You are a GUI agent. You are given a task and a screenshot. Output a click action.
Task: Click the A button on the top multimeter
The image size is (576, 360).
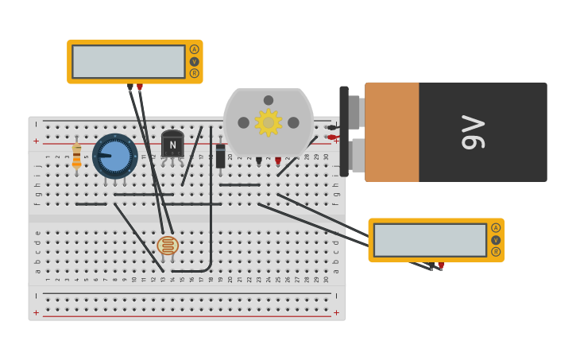click(x=194, y=49)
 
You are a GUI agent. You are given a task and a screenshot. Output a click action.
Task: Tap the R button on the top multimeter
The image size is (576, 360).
click(x=194, y=73)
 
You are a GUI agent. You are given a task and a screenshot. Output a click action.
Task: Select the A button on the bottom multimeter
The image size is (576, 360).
click(x=496, y=228)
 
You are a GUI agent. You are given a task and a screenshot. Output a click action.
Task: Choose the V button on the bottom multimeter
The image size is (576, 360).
click(x=496, y=240)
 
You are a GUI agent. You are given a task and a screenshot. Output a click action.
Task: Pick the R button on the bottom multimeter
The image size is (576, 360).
click(x=496, y=252)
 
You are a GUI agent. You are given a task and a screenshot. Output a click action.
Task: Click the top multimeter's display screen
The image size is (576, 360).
click(x=129, y=61)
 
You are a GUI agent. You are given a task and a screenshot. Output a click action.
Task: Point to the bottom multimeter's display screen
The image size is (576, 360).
click(x=430, y=240)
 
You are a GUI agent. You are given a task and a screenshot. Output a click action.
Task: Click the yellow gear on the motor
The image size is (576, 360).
click(x=269, y=122)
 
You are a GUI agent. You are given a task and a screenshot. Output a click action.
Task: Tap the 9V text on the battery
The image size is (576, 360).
click(x=473, y=132)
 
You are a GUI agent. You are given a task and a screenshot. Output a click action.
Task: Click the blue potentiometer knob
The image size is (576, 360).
click(x=115, y=156)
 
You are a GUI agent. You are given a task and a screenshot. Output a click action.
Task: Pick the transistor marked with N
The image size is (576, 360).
click(x=172, y=145)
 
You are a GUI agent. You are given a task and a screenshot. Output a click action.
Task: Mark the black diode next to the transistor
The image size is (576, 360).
click(x=220, y=156)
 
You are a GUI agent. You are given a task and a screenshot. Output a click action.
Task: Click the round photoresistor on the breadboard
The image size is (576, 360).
click(x=167, y=246)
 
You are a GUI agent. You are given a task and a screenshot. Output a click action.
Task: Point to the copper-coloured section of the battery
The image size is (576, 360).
click(x=392, y=132)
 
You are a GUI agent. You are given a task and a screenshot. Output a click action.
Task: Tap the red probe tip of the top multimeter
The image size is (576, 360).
click(x=140, y=87)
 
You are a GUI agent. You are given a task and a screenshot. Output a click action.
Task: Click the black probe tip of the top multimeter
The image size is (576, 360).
click(x=130, y=87)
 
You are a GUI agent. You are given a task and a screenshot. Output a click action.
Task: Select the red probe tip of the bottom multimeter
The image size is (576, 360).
click(x=441, y=265)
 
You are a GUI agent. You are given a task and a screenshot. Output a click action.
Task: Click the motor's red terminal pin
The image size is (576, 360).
click(x=278, y=161)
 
